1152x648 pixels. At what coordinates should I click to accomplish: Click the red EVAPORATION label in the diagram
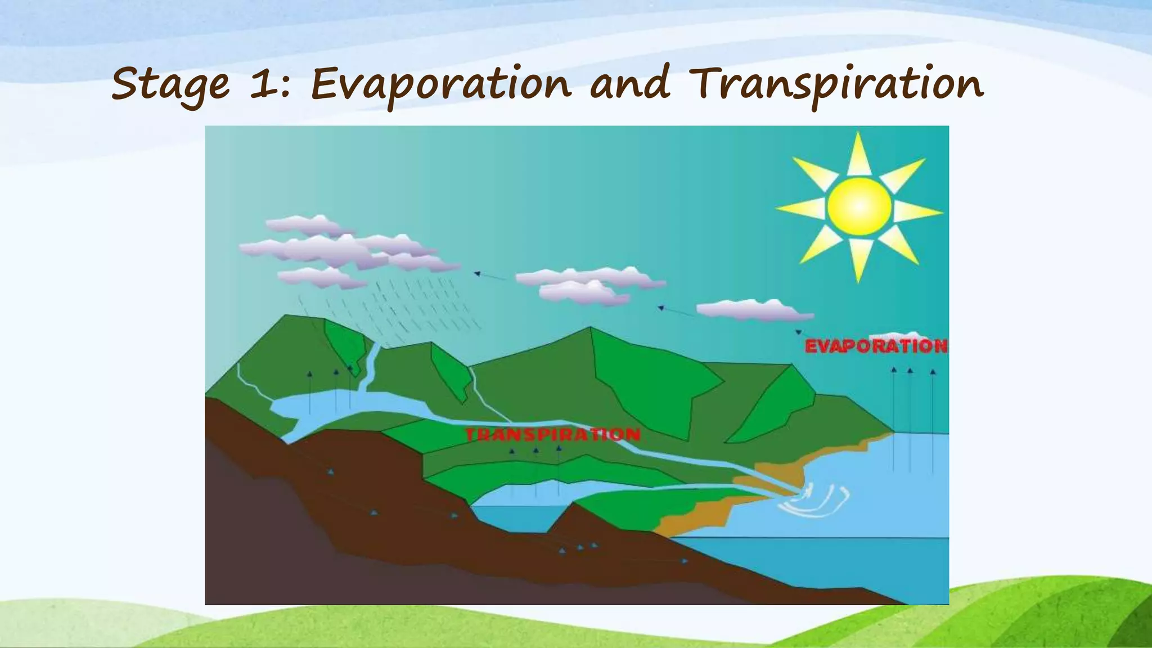[x=876, y=346]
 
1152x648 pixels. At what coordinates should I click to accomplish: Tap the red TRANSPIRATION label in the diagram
[x=552, y=434]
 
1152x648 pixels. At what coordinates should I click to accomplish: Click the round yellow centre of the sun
[x=859, y=206]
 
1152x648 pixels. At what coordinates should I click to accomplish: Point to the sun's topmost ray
[x=858, y=152]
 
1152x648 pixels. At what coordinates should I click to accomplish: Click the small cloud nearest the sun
[x=754, y=310]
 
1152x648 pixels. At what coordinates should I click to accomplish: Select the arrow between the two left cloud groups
[x=489, y=276]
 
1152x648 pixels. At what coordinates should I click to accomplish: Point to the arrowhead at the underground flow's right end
[x=684, y=561]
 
